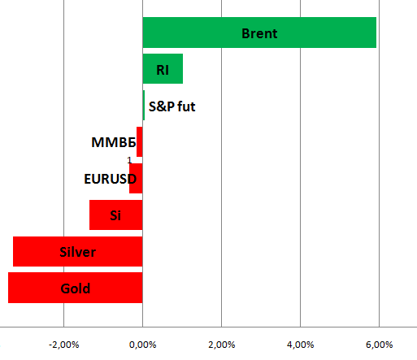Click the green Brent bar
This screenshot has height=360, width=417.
point(259,33)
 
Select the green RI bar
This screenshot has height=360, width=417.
point(163,69)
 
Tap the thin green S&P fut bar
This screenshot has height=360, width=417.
point(144,105)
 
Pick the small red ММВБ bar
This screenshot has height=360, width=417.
point(140,141)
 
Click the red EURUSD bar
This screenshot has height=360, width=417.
point(136,178)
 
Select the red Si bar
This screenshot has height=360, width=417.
point(116,215)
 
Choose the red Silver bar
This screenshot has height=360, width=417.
point(78,251)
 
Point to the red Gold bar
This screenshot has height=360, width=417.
point(76,288)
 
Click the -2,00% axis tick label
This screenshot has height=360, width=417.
point(64,345)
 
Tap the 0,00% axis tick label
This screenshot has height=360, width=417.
point(143,345)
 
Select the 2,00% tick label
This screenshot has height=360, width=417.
point(222,345)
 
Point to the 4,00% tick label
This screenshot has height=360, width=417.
point(301,345)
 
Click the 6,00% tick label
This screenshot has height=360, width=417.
point(380,345)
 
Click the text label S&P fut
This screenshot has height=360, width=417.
point(172,106)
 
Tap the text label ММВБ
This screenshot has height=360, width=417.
point(114,142)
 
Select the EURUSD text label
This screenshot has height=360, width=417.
point(111,179)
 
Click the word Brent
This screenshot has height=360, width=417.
point(259,33)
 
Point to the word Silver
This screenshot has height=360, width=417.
point(78,252)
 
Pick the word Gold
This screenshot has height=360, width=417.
point(76,288)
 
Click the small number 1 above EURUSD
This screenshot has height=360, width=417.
point(129,160)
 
